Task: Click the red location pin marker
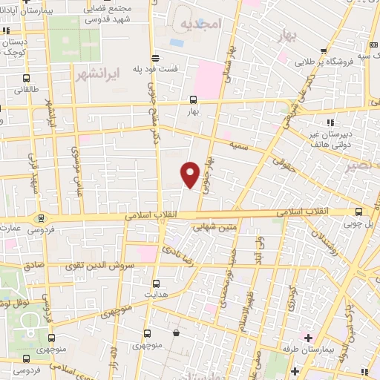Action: (x=191, y=174)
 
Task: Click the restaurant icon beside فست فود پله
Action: (x=154, y=58)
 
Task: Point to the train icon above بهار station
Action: (x=193, y=99)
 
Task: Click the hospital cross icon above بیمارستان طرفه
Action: (x=308, y=338)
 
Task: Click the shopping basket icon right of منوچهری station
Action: (x=176, y=335)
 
